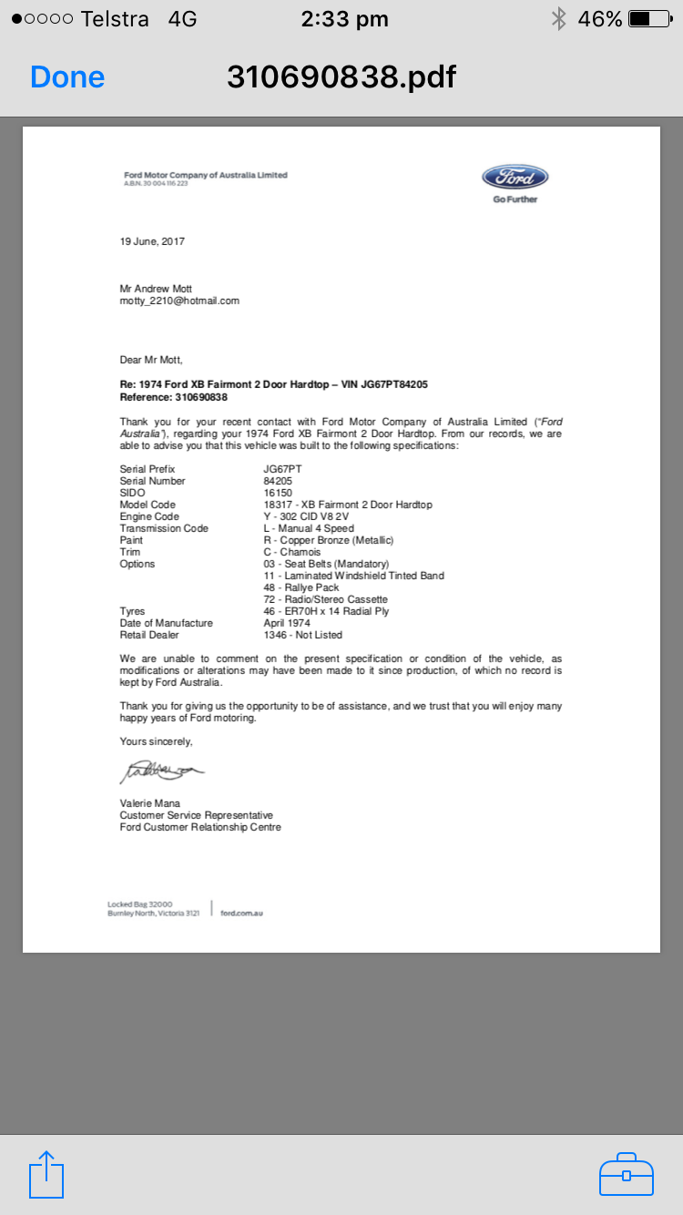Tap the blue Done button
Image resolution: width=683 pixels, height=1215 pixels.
tap(67, 77)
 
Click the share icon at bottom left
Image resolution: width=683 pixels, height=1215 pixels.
tap(46, 1175)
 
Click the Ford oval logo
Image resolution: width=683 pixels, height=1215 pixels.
tap(515, 177)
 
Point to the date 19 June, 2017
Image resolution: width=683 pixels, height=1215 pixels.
tap(152, 241)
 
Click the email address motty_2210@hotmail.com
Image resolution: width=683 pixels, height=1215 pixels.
tap(179, 301)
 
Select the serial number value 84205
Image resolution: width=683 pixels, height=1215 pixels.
tap(278, 481)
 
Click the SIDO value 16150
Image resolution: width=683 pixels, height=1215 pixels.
tap(278, 493)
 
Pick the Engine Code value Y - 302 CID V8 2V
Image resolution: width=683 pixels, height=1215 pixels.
tap(306, 516)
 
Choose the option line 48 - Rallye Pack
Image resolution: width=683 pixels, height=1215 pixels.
tap(301, 587)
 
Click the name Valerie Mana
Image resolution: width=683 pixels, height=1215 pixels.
tap(149, 803)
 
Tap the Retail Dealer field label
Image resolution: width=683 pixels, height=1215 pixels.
tap(149, 635)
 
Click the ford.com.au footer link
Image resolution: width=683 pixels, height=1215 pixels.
tap(241, 913)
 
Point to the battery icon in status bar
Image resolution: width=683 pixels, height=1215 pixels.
tap(649, 18)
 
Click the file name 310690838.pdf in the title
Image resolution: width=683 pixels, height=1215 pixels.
tap(341, 77)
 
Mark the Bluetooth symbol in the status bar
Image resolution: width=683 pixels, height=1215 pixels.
tap(558, 18)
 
